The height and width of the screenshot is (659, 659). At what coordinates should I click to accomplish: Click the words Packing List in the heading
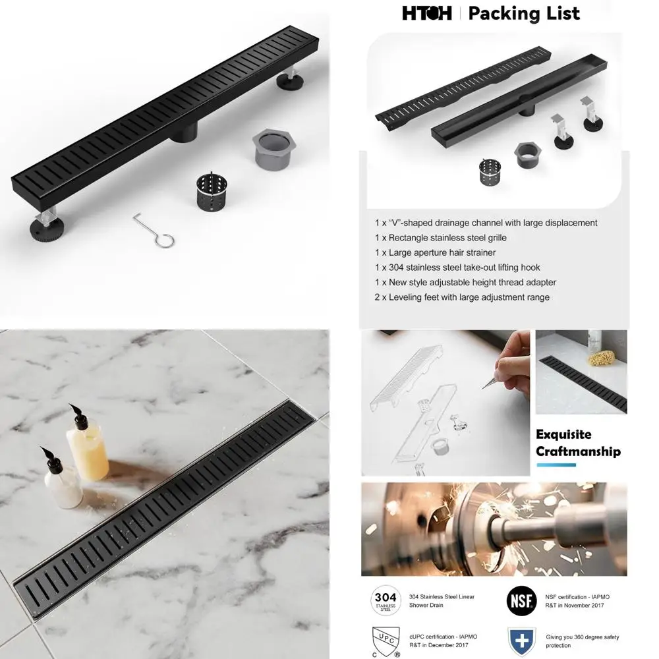[x=524, y=13]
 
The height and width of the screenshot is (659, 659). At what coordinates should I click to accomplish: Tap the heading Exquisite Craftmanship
[x=578, y=443]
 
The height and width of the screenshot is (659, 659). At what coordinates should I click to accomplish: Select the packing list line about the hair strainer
[x=435, y=252]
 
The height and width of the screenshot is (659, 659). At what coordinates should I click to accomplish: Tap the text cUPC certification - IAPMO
[x=444, y=637]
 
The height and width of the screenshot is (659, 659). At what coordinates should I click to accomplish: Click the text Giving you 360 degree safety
[x=582, y=637]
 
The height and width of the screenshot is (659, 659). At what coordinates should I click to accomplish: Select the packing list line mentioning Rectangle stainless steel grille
[x=440, y=237]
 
